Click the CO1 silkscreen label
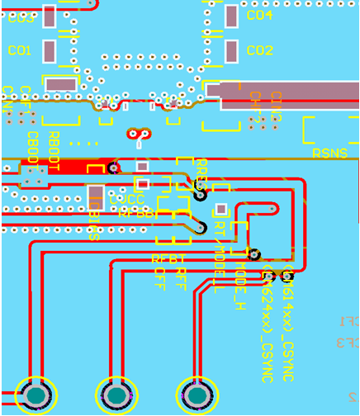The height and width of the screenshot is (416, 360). click(20, 50)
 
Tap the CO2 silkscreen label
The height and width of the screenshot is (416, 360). click(259, 50)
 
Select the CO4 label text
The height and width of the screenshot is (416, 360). click(259, 15)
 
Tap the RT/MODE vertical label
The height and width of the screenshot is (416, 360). click(219, 256)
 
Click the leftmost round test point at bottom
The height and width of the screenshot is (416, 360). click(36, 397)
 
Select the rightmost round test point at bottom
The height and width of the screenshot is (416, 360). click(197, 397)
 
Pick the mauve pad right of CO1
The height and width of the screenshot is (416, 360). click(50, 52)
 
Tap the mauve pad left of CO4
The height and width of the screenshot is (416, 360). click(231, 16)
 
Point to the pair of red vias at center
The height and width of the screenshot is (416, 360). click(139, 134)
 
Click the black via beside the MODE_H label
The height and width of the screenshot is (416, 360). click(255, 255)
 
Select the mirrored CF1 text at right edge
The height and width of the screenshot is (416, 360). click(348, 321)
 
